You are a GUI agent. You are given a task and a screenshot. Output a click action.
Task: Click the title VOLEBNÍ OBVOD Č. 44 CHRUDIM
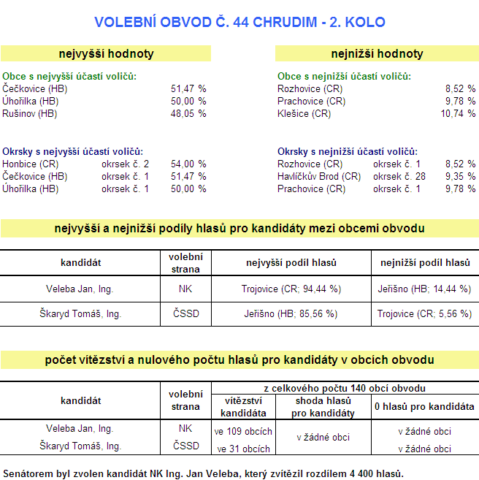coord(239,22)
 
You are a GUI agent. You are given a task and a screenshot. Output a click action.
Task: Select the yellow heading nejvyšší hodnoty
coord(106,53)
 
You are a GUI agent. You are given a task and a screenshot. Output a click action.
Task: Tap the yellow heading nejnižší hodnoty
coord(376,53)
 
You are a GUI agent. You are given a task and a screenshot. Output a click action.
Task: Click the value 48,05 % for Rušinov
coord(188,114)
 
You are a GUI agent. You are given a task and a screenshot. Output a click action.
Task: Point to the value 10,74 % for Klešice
coord(458,114)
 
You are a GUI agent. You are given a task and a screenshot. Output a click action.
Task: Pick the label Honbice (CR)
coord(30,164)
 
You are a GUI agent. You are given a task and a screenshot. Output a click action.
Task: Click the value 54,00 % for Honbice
coord(188,164)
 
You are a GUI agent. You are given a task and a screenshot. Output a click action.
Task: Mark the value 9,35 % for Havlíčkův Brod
coord(460,176)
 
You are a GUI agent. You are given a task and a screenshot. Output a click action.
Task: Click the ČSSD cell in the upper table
coord(185,313)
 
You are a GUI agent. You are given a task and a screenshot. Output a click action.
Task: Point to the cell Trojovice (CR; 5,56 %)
coord(425,313)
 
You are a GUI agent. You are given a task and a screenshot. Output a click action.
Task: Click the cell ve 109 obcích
coord(243,431)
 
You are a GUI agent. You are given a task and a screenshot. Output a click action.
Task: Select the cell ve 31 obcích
coord(243,449)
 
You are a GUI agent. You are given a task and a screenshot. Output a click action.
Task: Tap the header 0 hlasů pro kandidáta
coord(424,406)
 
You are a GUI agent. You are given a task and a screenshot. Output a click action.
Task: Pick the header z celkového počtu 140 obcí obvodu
coord(345,388)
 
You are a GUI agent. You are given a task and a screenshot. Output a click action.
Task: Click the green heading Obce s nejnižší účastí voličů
coord(344,76)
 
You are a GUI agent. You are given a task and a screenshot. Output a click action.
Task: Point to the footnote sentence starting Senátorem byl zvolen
coord(203,473)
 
